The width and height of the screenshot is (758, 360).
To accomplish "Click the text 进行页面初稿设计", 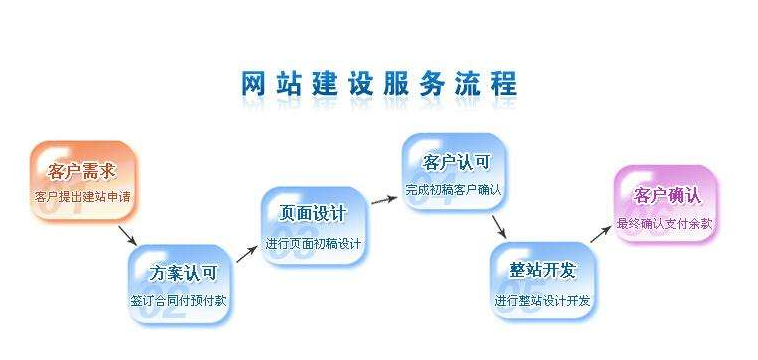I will pos(315,243).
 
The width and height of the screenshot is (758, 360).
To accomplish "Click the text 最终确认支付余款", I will pos(666,223).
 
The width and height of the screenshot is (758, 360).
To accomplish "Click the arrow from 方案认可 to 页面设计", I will pos(244,253).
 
